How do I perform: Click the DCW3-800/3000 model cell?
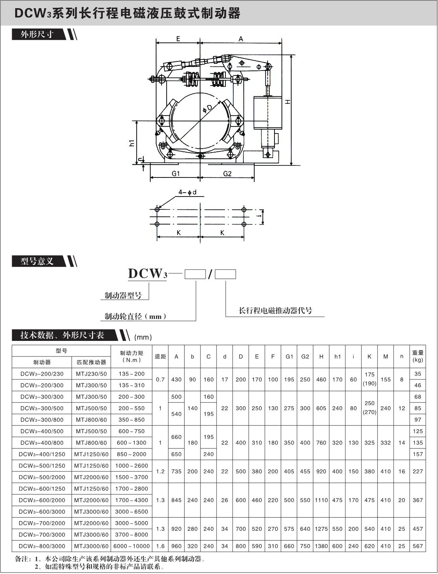coord(42,546)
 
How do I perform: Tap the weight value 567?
coord(417,546)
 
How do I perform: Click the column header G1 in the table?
coord(289,356)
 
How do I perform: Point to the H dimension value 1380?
coord(321,546)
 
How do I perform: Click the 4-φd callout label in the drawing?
coord(187,192)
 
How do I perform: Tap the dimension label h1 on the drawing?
coord(132,143)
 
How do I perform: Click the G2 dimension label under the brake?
coord(227,174)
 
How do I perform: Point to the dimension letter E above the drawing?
coord(178,39)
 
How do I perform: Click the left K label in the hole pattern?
coord(179,233)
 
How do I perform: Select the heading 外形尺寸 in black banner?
coord(37,34)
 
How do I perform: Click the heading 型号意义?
coord(37,261)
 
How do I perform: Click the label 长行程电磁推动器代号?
coord(275,311)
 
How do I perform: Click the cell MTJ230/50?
coord(91,374)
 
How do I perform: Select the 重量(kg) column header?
coord(417,356)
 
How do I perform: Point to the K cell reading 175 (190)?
coord(369,379)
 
